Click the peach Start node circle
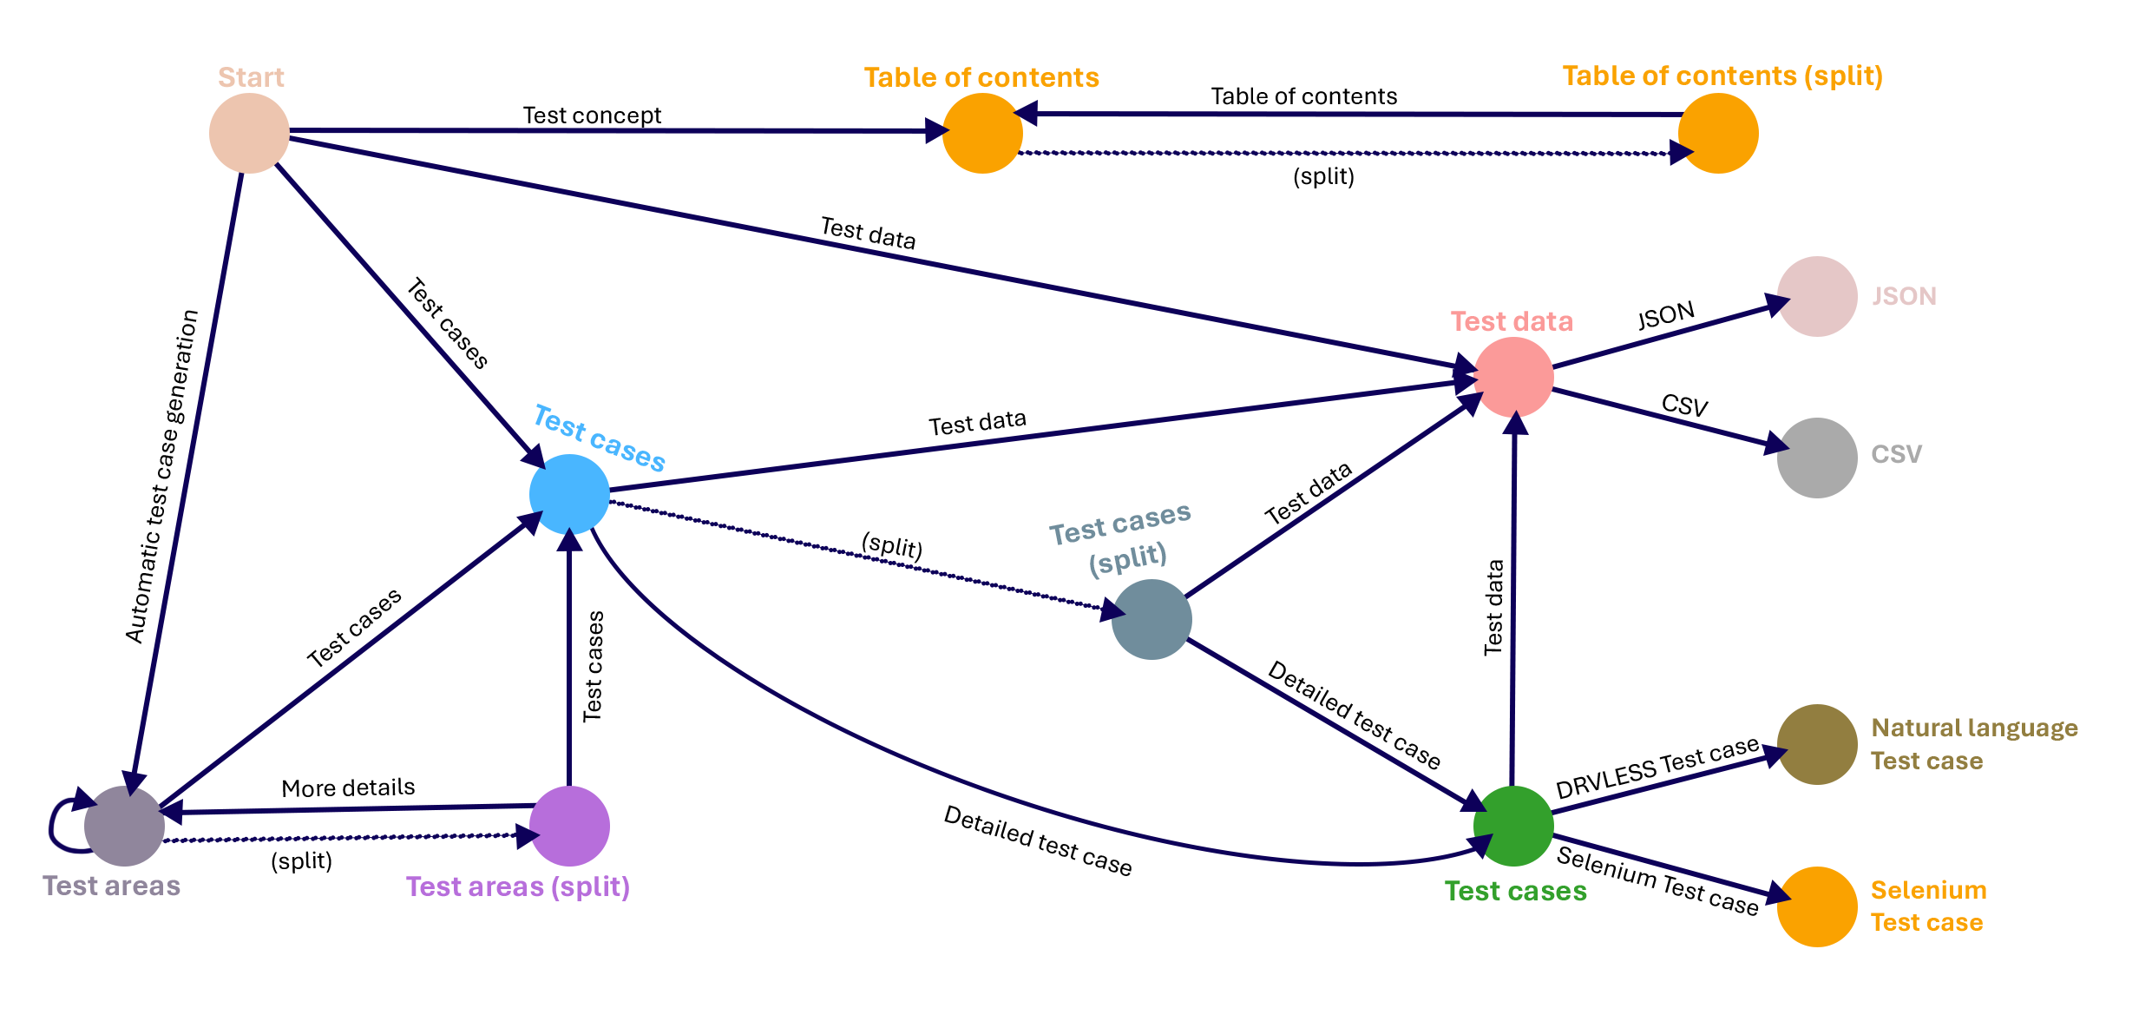tap(249, 133)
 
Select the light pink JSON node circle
tap(1816, 296)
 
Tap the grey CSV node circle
tap(1816, 458)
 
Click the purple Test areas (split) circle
tap(569, 826)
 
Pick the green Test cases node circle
tap(1513, 826)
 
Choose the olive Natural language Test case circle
tap(1816, 744)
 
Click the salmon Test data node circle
tap(1513, 377)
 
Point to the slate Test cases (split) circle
tap(1151, 619)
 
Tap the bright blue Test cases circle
tap(569, 494)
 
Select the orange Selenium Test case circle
tap(1816, 906)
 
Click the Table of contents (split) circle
tap(1717, 133)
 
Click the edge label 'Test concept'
tap(592, 115)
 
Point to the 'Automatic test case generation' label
tap(162, 476)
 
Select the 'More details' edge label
tap(348, 788)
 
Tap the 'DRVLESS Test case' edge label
tap(1657, 768)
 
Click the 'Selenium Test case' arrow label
tap(1657, 880)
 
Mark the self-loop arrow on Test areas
tap(59, 825)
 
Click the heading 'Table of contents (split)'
tap(1722, 76)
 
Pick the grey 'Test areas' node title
tap(111, 886)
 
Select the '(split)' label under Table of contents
tap(1323, 176)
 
